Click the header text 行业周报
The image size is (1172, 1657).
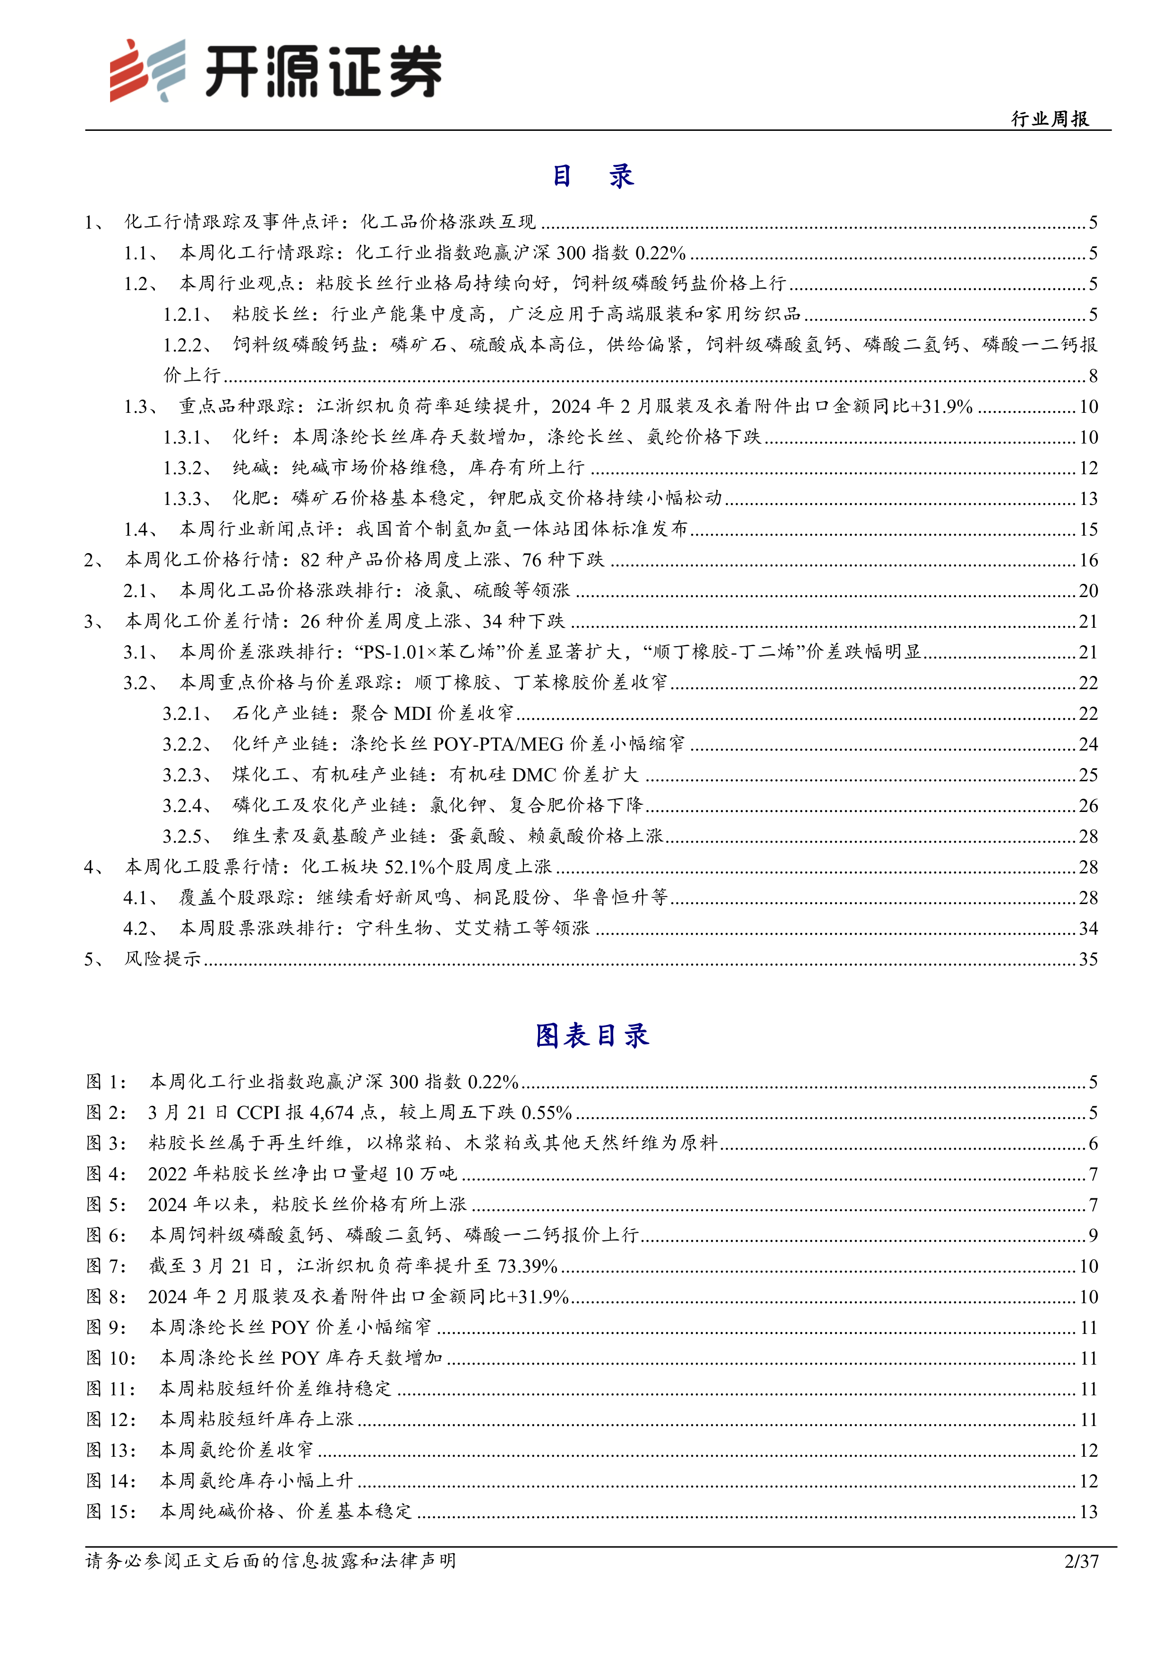point(1050,119)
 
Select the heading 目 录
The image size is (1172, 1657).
point(592,175)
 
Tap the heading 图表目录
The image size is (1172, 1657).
point(592,1035)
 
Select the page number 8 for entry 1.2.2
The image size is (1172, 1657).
point(1093,375)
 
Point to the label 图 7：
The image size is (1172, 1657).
point(106,1266)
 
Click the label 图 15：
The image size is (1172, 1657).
point(111,1511)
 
